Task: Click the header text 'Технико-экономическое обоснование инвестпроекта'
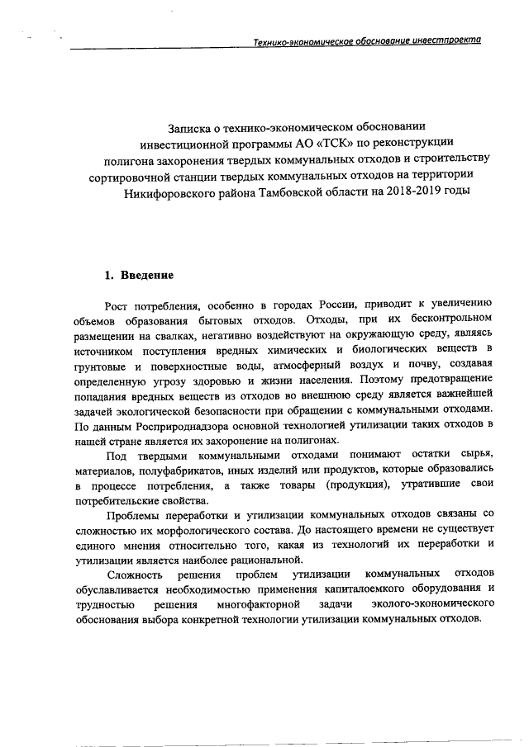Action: [367, 41]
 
